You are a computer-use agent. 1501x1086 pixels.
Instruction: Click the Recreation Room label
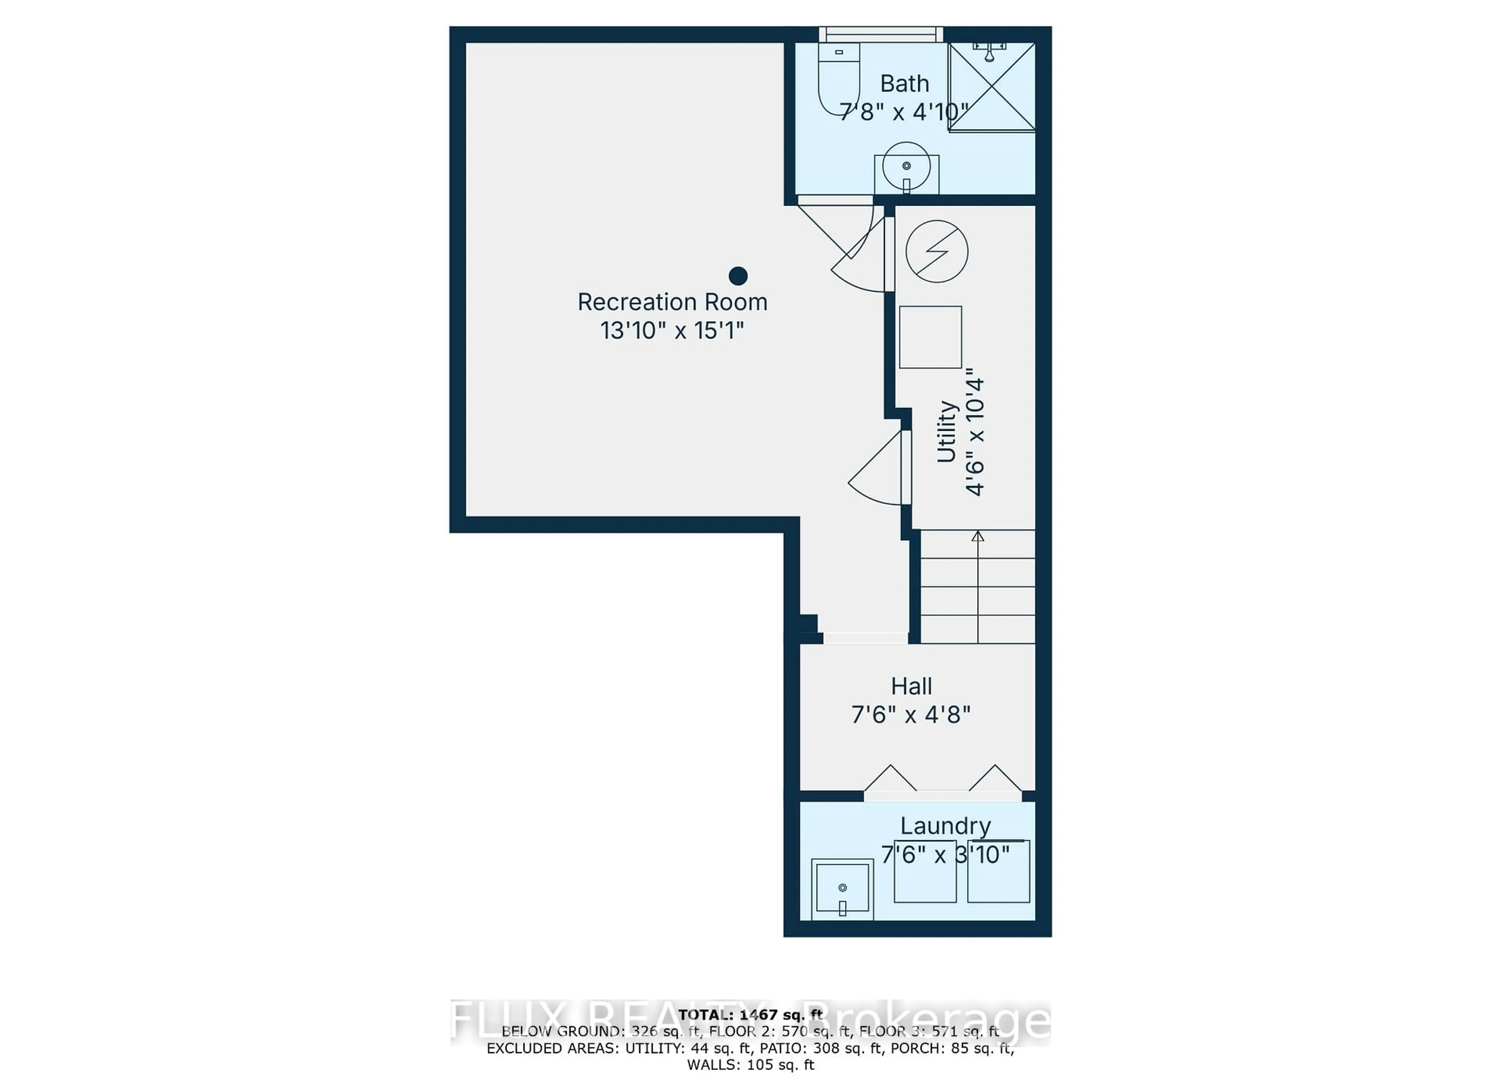pyautogui.click(x=672, y=303)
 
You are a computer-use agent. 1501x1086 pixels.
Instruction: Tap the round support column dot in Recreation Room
pyautogui.click(x=738, y=275)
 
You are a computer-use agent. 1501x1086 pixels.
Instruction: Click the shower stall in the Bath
pyautogui.click(x=991, y=87)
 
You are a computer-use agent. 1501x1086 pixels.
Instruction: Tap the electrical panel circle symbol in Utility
pyautogui.click(x=937, y=251)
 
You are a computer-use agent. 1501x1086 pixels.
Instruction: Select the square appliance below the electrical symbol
pyautogui.click(x=930, y=337)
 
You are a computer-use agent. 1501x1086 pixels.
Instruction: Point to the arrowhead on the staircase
pyautogui.click(x=978, y=536)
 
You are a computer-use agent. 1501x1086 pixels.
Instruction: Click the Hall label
pyautogui.click(x=911, y=686)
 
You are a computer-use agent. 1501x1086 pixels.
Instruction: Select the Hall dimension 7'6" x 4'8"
pyautogui.click(x=911, y=715)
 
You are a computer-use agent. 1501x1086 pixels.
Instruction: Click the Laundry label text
pyautogui.click(x=945, y=826)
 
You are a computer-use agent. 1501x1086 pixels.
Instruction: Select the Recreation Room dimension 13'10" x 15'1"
pyautogui.click(x=672, y=331)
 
